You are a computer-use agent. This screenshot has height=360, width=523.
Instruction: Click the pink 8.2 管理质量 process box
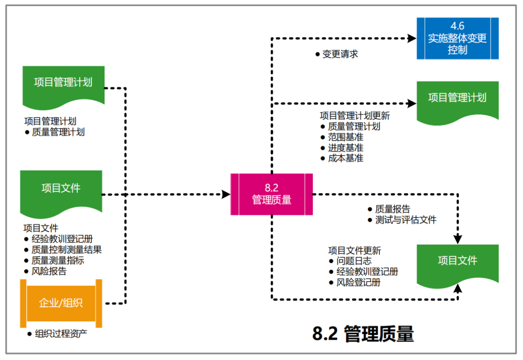click(271, 194)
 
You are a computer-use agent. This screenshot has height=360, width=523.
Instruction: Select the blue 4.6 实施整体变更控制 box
click(458, 38)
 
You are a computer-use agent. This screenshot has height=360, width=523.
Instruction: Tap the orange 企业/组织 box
click(61, 303)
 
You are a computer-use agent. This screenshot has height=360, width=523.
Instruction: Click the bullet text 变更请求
click(340, 54)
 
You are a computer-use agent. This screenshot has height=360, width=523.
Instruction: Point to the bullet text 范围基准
click(345, 137)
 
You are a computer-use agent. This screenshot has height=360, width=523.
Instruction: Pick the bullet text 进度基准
click(345, 148)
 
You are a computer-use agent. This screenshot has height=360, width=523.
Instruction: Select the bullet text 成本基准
click(345, 158)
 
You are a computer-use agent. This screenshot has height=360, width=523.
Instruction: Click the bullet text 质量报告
click(392, 209)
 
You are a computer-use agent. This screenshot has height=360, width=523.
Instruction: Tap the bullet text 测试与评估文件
click(405, 220)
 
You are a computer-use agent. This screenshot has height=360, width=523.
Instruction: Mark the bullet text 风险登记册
click(358, 282)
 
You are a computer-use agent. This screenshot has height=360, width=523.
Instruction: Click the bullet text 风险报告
click(49, 271)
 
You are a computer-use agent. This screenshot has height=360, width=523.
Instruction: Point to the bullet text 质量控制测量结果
click(66, 250)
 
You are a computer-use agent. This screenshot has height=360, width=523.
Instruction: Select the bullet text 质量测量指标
click(58, 260)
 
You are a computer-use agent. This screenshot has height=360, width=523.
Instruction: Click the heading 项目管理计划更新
click(354, 116)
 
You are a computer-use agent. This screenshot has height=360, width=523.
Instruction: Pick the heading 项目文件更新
click(354, 250)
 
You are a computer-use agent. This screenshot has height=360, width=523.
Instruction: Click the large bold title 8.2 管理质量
click(363, 334)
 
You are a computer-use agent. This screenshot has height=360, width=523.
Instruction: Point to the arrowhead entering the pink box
click(226, 194)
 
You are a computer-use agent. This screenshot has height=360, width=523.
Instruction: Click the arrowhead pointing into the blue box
click(412, 38)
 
